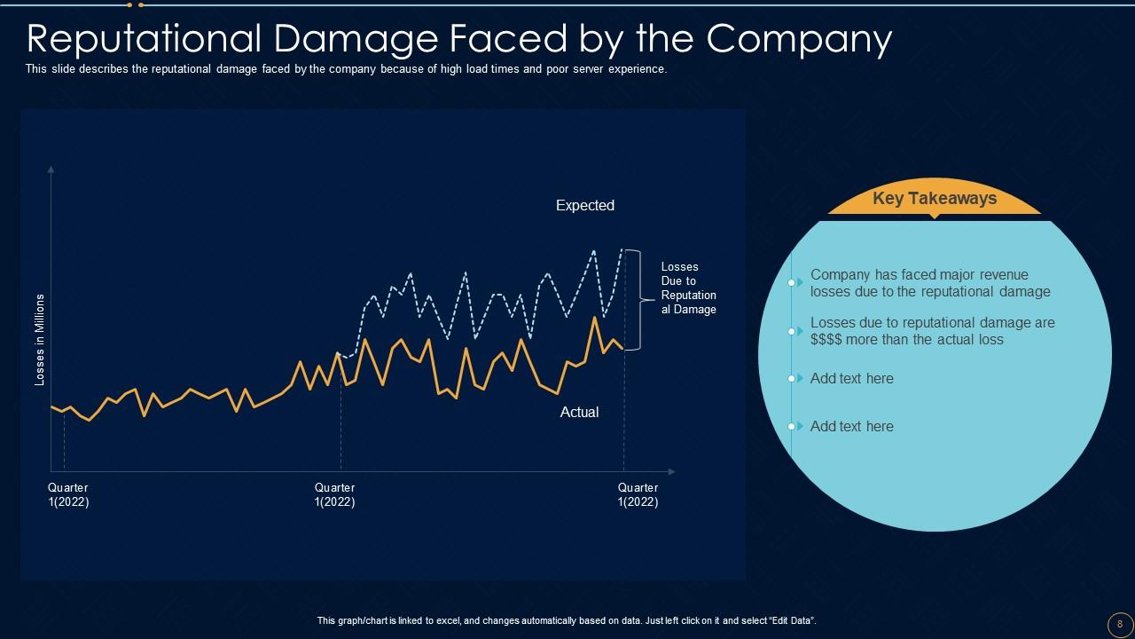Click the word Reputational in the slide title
(x=143, y=39)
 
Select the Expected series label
(x=585, y=205)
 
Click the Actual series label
(x=579, y=412)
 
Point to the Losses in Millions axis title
(x=39, y=340)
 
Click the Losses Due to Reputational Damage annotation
(x=688, y=288)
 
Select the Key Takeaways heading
(x=935, y=199)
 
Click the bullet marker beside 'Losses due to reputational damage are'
(x=792, y=331)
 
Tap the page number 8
(x=1120, y=623)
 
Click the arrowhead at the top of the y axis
(x=51, y=169)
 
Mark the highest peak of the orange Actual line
(x=593, y=317)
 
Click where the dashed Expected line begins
(x=338, y=353)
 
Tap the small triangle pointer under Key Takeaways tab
(x=935, y=217)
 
